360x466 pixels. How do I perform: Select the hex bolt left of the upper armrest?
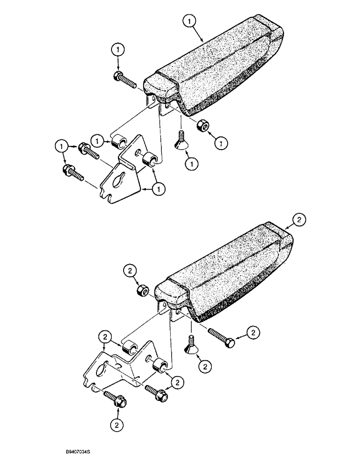coord(125,79)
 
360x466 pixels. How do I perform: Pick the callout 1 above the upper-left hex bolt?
coord(118,49)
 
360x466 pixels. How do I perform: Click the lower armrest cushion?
coord(224,275)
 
